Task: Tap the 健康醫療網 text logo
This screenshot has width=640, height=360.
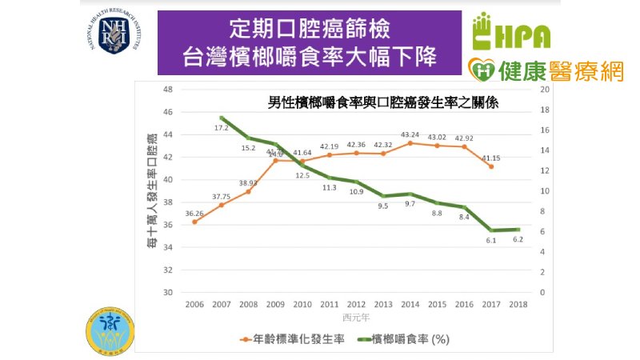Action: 546,70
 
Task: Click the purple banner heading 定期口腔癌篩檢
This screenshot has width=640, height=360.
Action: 310,30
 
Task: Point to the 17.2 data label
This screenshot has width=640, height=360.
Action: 222,128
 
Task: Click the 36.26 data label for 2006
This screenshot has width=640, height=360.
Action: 194,214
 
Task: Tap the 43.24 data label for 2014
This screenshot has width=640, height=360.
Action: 410,134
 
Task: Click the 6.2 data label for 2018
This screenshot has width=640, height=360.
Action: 518,239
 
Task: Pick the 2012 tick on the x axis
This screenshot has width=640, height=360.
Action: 356,305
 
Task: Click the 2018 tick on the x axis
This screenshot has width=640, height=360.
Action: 518,305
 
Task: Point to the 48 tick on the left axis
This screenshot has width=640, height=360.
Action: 169,90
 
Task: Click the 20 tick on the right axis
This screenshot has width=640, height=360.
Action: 544,90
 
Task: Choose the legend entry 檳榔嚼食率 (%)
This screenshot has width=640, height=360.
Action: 408,338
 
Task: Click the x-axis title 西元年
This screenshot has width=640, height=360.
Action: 356,318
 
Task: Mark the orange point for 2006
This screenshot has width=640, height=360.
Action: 194,222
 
